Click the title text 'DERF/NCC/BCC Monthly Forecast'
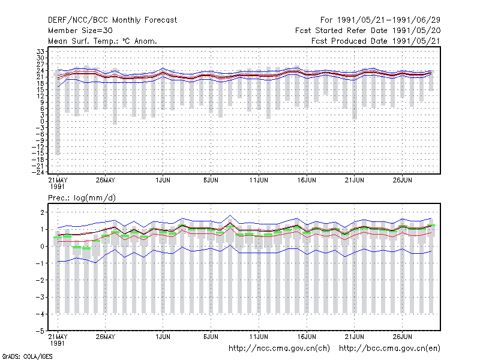click(112, 20)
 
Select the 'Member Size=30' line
click(80, 31)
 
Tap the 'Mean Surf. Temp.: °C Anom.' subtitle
click(103, 41)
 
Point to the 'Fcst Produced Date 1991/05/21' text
click(376, 41)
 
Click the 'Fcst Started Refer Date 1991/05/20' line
click(368, 31)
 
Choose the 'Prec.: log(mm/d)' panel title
click(82, 198)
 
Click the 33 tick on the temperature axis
click(40, 52)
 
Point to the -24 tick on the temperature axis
click(38, 172)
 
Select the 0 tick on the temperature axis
click(42, 121)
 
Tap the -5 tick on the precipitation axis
click(40, 331)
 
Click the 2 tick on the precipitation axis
click(42, 212)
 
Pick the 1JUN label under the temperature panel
click(163, 180)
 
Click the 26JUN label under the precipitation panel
click(402, 337)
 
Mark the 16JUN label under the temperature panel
click(307, 180)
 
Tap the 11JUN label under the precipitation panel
click(259, 337)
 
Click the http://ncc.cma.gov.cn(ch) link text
click(279, 349)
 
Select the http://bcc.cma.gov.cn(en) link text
click(389, 349)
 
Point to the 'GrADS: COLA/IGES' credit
click(27, 356)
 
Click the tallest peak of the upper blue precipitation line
click(230, 215)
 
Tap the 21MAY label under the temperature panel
click(58, 183)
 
